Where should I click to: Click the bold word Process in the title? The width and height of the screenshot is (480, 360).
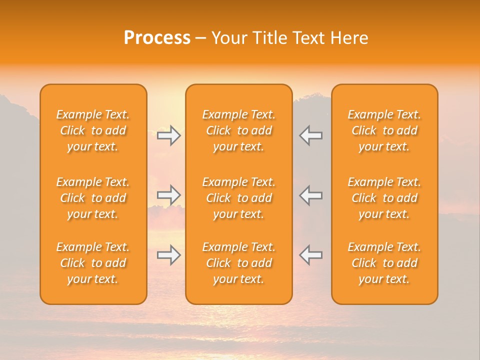click(x=157, y=38)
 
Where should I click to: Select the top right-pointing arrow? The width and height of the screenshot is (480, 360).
click(x=169, y=135)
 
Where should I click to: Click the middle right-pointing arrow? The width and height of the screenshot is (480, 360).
click(x=169, y=195)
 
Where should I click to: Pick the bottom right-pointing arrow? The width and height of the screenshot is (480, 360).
click(x=169, y=255)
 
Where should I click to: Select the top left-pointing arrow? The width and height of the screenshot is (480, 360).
click(x=310, y=135)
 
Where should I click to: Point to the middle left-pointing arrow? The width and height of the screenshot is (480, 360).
click(x=310, y=195)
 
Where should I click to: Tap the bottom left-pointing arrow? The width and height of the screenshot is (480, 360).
click(x=310, y=255)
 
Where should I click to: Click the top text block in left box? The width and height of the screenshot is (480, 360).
click(x=93, y=130)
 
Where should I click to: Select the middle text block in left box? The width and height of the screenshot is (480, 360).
click(x=93, y=198)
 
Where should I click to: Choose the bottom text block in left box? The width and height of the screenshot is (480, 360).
click(x=93, y=263)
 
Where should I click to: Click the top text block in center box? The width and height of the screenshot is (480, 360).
click(x=239, y=130)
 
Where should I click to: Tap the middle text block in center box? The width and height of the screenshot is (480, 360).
click(x=239, y=198)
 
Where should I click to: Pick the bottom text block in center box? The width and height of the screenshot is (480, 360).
click(x=239, y=263)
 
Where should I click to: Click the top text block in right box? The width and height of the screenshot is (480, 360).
click(x=384, y=130)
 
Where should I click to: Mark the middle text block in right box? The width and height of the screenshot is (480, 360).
click(x=384, y=198)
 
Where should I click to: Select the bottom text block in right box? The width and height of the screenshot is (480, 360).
click(x=384, y=263)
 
